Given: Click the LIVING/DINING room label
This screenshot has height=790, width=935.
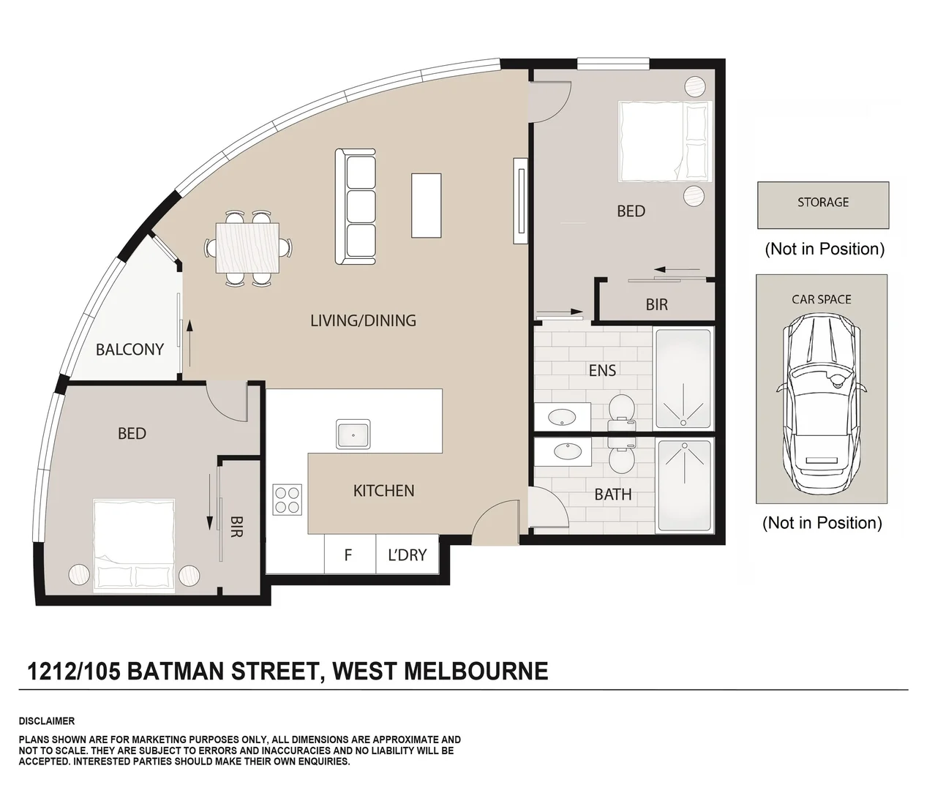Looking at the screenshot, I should [363, 320].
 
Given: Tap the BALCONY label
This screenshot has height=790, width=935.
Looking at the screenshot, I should [129, 350].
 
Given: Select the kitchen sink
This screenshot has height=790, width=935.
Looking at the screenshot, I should [353, 434].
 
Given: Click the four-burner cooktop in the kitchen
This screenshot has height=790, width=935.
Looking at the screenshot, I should [287, 500].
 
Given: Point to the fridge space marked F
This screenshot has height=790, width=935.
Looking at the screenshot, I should [348, 555].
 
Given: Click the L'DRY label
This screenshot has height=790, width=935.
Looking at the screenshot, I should [407, 555].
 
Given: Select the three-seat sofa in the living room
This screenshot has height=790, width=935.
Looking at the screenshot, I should [356, 206].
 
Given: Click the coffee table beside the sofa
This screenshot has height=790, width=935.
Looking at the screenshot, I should [426, 206].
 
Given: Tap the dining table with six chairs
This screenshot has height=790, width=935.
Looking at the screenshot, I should [247, 248].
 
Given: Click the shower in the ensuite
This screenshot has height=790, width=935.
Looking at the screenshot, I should [683, 379].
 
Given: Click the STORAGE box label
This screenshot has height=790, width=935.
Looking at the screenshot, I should [823, 203].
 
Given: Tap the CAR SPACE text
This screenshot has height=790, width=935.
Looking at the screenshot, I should [821, 299].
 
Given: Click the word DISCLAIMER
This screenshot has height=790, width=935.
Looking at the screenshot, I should [46, 721].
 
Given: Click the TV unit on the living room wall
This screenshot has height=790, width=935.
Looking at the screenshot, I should [521, 200].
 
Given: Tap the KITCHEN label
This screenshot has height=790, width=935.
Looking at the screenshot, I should [383, 491].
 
